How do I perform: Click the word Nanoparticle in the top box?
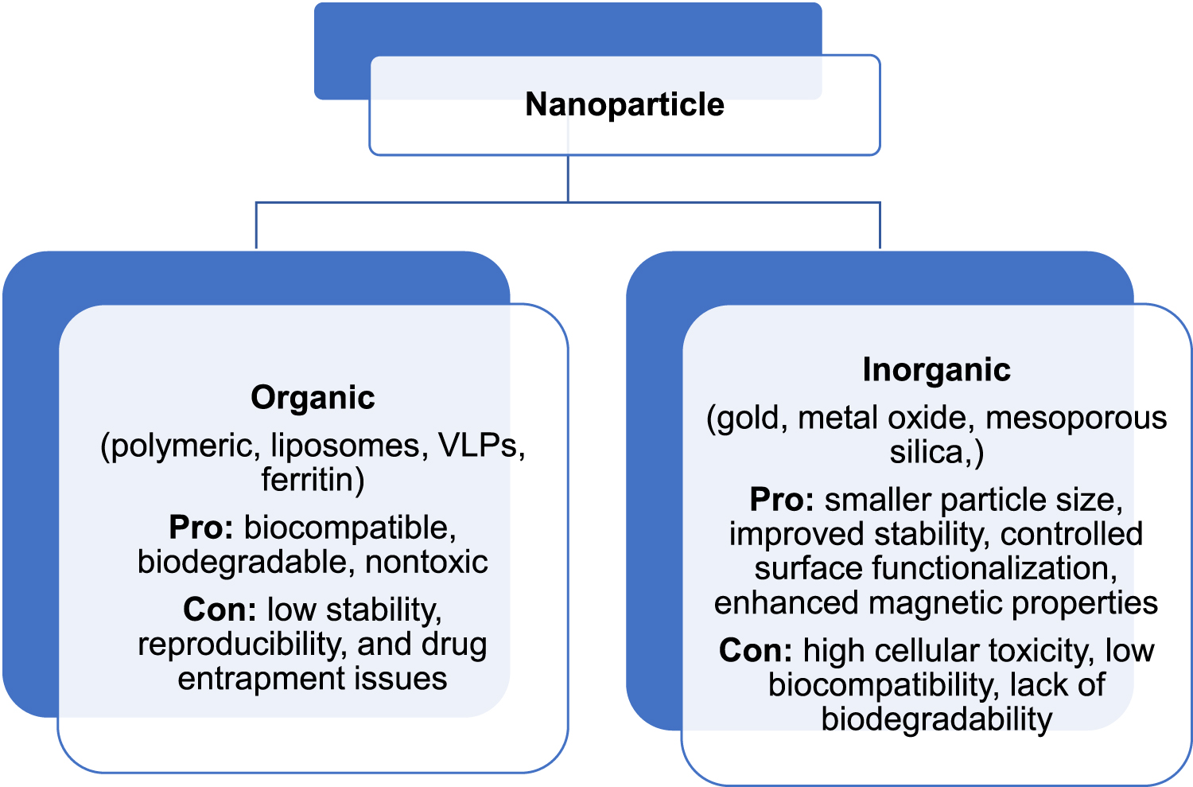tap(624, 105)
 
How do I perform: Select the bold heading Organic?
tap(313, 398)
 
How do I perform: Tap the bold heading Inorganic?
tap(936, 370)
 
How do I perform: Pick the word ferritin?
tap(309, 480)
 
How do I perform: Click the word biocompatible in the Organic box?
tap(349, 528)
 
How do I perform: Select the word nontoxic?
tap(426, 562)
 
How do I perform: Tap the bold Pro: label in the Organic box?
tap(200, 528)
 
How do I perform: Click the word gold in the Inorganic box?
tap(752, 419)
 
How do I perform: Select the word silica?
tap(926, 453)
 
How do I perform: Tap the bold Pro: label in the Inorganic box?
tap(782, 500)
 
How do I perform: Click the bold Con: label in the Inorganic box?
tap(756, 651)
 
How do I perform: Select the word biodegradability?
tap(936, 719)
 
